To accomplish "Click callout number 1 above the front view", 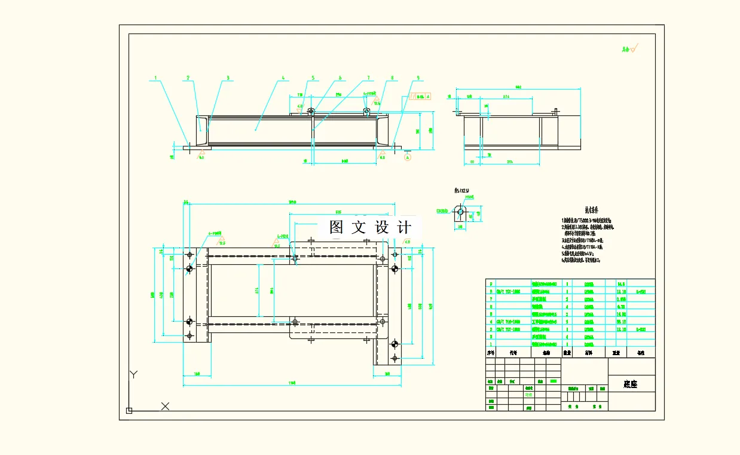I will point(155,78).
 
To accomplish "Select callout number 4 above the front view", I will point(283,78).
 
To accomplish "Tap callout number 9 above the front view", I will point(418,78).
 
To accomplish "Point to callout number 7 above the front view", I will point(368,78).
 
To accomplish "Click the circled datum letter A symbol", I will point(408,157).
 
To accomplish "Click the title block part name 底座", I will point(631,384).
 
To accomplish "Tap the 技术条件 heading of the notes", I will point(591,210).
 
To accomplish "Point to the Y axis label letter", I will point(134,375).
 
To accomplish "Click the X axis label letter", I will point(166,407).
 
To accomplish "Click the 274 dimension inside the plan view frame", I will point(257,291).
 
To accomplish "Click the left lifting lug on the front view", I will point(311,111).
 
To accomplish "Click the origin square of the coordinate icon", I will point(129,410).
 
